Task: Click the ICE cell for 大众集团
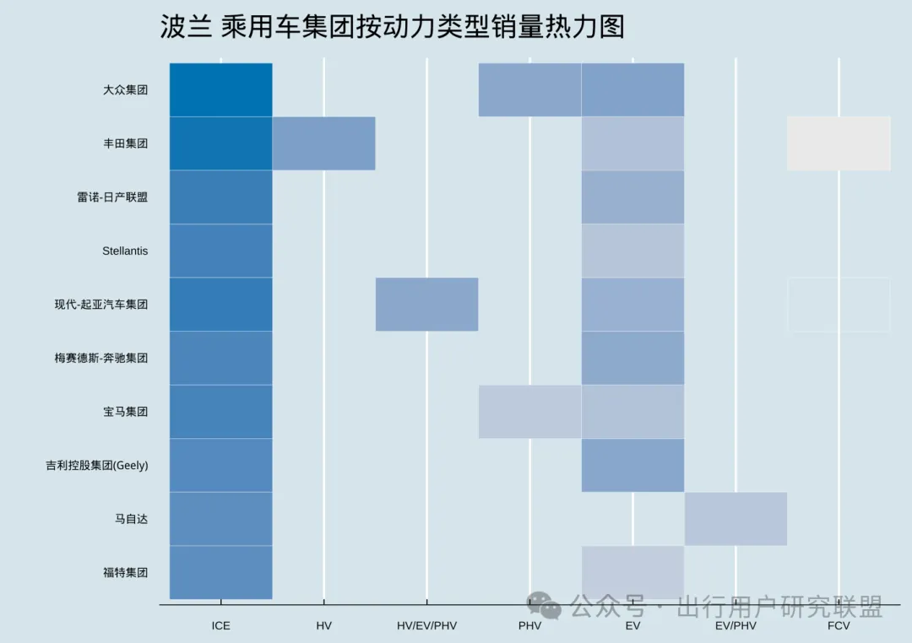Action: click(220, 89)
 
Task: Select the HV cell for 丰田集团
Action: click(323, 143)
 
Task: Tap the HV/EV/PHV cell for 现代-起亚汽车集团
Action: click(426, 304)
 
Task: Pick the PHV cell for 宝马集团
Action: click(529, 412)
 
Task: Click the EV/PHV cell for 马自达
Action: click(736, 518)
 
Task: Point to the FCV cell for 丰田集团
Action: click(839, 143)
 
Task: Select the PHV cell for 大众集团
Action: click(529, 89)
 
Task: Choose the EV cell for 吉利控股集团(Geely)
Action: click(632, 465)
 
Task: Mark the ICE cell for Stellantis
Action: click(220, 251)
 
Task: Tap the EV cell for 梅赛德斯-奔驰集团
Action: click(632, 358)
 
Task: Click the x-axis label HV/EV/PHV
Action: click(426, 626)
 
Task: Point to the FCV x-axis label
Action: click(839, 626)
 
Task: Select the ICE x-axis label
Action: click(220, 626)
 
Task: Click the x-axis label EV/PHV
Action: click(736, 626)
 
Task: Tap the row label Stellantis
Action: click(125, 251)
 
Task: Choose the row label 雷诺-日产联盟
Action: click(112, 197)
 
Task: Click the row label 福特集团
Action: click(125, 572)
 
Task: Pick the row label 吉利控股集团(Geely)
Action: click(97, 465)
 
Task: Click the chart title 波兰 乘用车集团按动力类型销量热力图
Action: click(393, 27)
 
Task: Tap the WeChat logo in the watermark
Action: click(544, 604)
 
